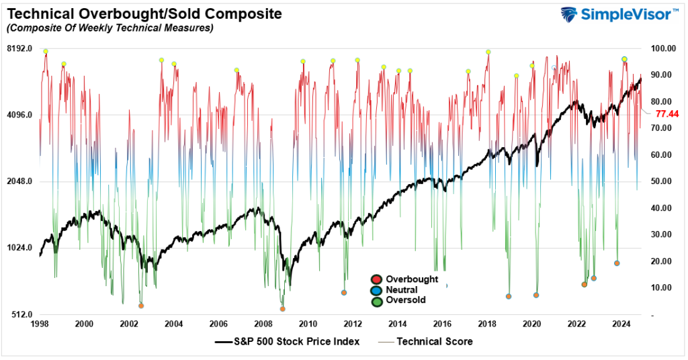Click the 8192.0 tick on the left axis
pyautogui.click(x=20, y=48)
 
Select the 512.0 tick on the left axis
pyautogui.click(x=21, y=314)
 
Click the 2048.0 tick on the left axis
pyautogui.click(x=20, y=181)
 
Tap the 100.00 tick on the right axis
pyautogui.click(x=662, y=48)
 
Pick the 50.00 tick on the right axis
pyautogui.click(x=662, y=181)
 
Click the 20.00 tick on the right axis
pyautogui.click(x=662, y=261)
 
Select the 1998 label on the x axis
pyautogui.click(x=40, y=324)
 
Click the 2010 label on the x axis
pyautogui.click(x=308, y=324)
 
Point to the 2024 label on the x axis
pyautogui.click(x=621, y=324)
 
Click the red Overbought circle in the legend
pyautogui.click(x=377, y=279)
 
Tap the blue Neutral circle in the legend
pyautogui.click(x=377, y=290)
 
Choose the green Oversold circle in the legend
pyautogui.click(x=377, y=301)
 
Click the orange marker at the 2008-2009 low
pyautogui.click(x=282, y=309)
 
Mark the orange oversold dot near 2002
pyautogui.click(x=141, y=306)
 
